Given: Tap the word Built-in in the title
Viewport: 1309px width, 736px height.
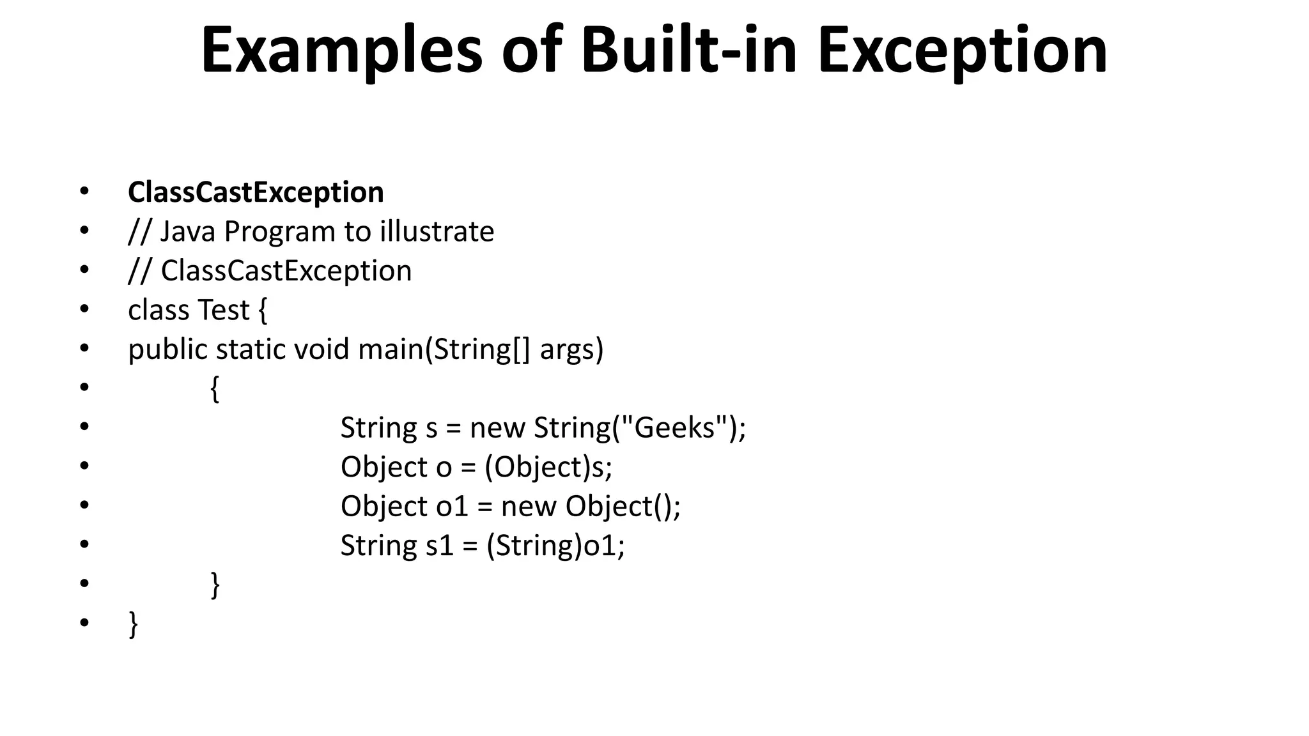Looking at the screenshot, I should (x=689, y=50).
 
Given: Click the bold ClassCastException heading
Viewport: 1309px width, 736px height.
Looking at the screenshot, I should (x=256, y=192).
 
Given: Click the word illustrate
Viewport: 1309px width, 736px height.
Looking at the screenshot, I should (x=437, y=231).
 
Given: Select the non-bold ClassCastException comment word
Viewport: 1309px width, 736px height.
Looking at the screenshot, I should (x=286, y=271).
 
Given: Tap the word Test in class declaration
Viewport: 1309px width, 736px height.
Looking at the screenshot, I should (x=223, y=310).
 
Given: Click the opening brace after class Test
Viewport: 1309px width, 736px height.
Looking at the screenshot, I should (x=263, y=311).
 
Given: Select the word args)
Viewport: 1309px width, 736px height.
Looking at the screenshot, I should (x=571, y=350).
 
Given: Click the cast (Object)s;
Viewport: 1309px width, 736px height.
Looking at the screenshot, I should (x=548, y=467).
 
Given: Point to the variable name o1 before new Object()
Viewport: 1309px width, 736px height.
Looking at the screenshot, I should (x=453, y=507).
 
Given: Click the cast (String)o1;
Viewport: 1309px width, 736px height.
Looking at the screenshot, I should (x=555, y=546).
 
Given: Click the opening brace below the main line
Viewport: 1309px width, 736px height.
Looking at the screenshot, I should (x=215, y=389).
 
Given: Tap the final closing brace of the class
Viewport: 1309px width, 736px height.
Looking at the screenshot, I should (x=133, y=624).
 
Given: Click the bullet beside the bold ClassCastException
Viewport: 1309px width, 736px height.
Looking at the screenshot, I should (x=84, y=192).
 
